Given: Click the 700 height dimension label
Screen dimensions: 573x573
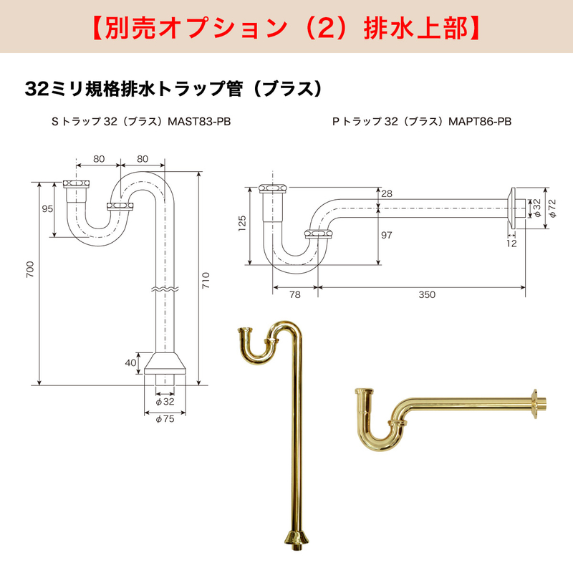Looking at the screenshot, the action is (30, 269).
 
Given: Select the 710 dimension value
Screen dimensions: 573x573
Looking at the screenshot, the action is (206, 280).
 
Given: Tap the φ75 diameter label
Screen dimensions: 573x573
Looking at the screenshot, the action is (165, 419).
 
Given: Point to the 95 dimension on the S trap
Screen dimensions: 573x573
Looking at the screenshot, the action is (47, 208).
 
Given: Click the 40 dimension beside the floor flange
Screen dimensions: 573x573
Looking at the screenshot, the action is (130, 362).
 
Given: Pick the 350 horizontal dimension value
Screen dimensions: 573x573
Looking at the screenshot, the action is (427, 294).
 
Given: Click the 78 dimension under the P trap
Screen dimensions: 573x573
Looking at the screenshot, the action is (295, 294).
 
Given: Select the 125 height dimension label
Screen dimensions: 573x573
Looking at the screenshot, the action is (242, 223).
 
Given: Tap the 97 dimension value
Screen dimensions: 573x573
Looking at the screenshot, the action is (387, 235).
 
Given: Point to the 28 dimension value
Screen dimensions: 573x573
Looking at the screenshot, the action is (387, 193).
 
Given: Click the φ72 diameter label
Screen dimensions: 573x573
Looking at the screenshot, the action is (552, 208).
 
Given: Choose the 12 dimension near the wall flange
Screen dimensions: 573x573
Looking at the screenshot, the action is (511, 244).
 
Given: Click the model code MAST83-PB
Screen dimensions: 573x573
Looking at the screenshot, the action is (199, 121).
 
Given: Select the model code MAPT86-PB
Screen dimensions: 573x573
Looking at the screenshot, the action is (480, 121).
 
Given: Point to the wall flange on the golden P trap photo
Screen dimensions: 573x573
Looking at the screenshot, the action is (535, 403).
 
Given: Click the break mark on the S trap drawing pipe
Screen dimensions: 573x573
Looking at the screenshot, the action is (165, 289).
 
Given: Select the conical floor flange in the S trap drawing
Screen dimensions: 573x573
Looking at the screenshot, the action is (165, 363).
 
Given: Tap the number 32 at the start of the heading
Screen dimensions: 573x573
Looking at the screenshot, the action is (37, 89).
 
